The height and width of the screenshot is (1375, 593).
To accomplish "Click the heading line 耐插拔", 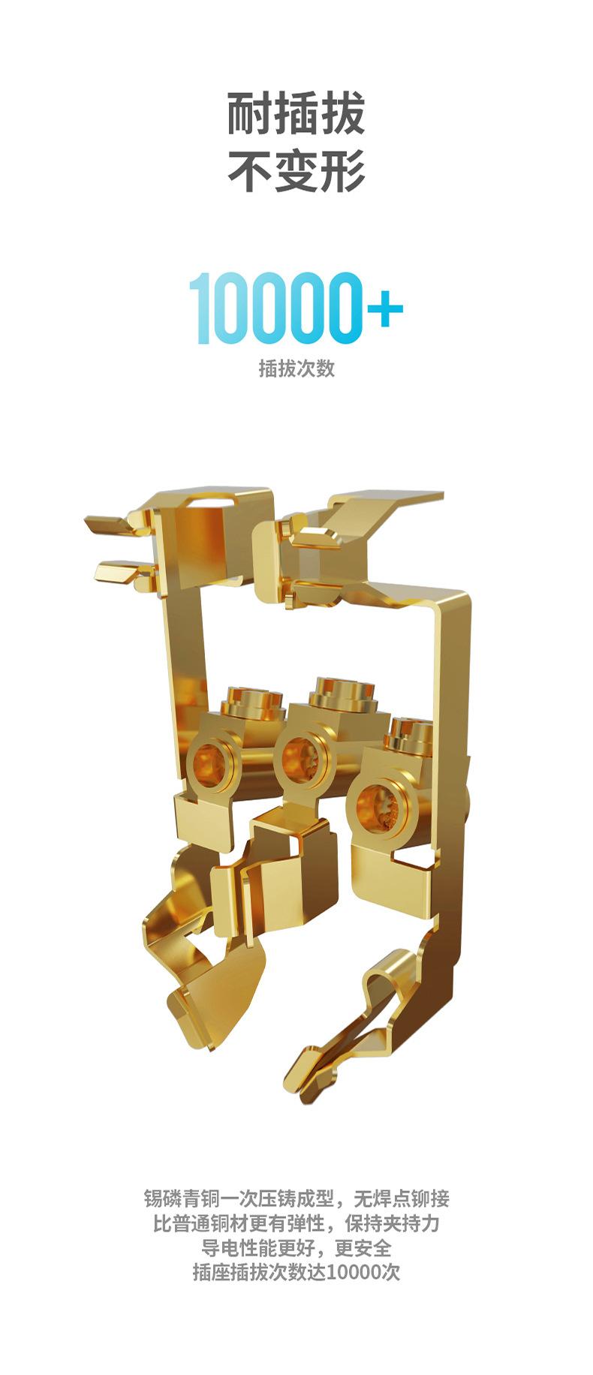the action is tap(296, 114).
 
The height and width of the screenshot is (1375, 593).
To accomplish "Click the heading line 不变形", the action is tap(296, 172).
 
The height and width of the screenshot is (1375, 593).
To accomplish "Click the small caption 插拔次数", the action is tap(296, 369).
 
